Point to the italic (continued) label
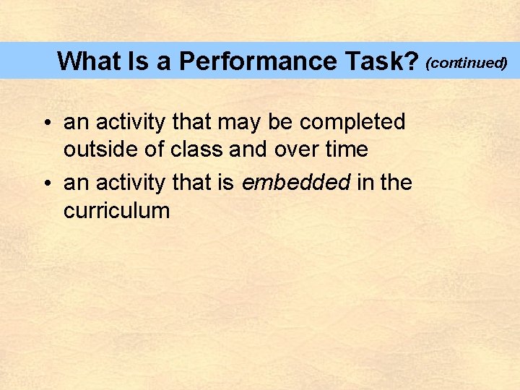point(467,63)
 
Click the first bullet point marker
point(45,123)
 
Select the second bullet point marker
point(45,184)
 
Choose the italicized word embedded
point(296,183)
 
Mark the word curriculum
point(116,211)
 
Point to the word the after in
point(396,183)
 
